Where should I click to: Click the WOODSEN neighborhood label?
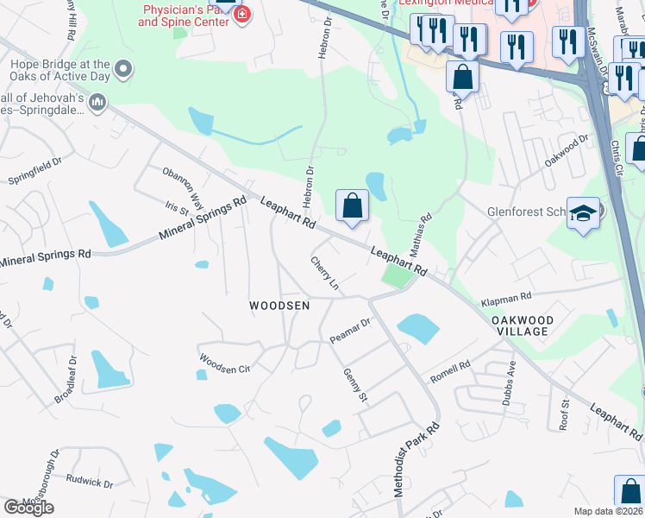coord(279,306)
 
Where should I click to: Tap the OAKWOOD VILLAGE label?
coord(521,325)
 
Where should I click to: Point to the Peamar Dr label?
coord(350,332)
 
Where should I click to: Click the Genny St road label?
coord(355,383)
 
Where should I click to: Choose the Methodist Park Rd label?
coord(416,458)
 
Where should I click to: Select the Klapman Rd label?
coord(506,300)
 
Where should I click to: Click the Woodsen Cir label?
coord(224,363)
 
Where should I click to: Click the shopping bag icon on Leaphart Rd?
coord(352,206)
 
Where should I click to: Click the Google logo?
coord(28,507)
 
